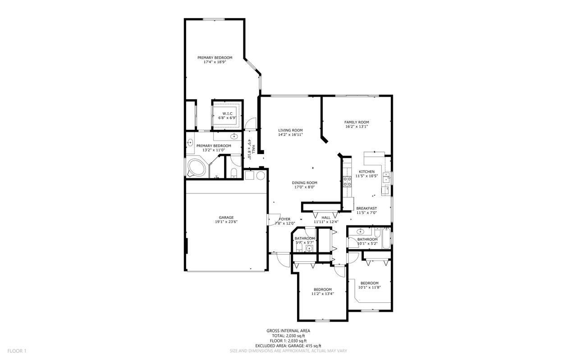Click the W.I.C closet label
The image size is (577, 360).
227,113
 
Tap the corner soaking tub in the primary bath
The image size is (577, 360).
196,168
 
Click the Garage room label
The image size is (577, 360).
226,218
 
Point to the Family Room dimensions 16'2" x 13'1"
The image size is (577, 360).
357,127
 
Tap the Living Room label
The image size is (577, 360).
290,130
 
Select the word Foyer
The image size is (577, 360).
284,219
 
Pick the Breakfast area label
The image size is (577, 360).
366,208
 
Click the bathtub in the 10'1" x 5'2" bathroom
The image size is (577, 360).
386,239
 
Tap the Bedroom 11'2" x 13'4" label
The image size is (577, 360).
322,289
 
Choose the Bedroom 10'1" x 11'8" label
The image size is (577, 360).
369,283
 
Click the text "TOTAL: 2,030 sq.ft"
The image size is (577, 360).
288,336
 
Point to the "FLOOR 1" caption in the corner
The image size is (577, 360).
17,351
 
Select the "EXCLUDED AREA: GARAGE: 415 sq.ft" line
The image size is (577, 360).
288,346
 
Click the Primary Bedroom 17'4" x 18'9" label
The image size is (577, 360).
215,58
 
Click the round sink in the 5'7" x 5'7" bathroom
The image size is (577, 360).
309,248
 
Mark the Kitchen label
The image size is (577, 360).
366,172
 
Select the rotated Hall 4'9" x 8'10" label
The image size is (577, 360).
251,147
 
